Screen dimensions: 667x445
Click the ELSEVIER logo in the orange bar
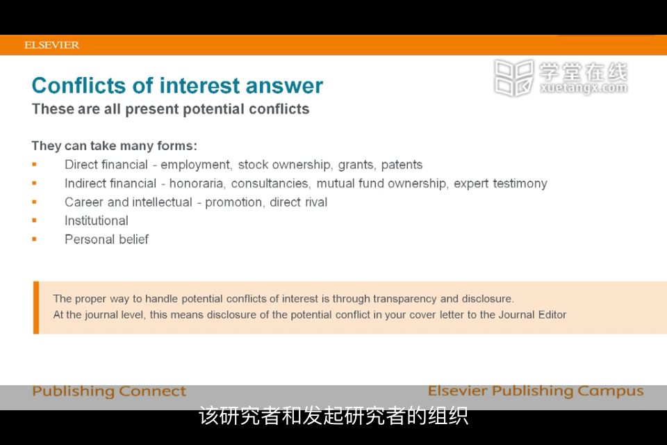click(x=51, y=45)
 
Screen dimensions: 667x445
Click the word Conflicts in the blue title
click(x=79, y=85)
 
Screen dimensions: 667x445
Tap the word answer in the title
click(x=284, y=86)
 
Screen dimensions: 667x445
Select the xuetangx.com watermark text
click(x=584, y=88)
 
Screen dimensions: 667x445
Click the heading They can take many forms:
click(x=115, y=145)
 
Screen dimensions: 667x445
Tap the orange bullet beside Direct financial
click(x=35, y=164)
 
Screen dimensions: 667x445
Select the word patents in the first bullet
click(x=402, y=165)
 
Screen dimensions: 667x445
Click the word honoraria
click(x=196, y=184)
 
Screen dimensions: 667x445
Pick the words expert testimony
click(x=500, y=184)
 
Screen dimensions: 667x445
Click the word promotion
click(x=233, y=202)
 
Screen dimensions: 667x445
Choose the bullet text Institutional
click(x=96, y=220)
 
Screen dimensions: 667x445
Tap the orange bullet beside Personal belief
click(x=35, y=239)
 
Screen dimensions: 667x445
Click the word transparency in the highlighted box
click(x=404, y=299)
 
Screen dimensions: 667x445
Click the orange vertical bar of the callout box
click(x=36, y=307)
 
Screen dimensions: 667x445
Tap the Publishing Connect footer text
click(x=109, y=391)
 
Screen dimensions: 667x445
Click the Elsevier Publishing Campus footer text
click(x=536, y=391)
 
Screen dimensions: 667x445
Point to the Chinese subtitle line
click(x=333, y=416)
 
